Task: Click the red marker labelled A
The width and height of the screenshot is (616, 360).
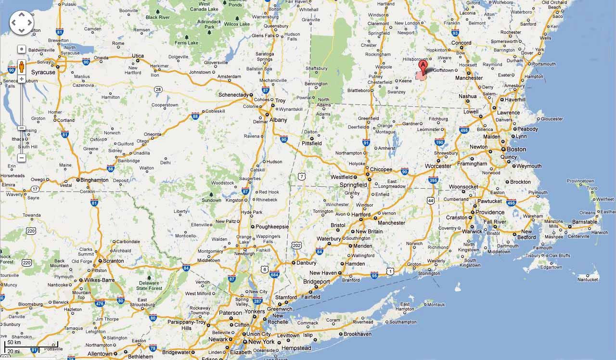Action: pyautogui.click(x=423, y=67)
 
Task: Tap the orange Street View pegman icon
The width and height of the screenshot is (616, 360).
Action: pyautogui.click(x=22, y=66)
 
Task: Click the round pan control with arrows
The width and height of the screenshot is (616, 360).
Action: pyautogui.click(x=22, y=23)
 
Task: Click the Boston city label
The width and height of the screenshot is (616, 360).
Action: pyautogui.click(x=516, y=149)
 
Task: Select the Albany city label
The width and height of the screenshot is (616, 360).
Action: pyautogui.click(x=278, y=120)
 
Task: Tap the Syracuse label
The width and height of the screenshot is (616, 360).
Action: pyautogui.click(x=43, y=72)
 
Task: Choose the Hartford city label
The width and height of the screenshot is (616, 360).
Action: pyautogui.click(x=361, y=215)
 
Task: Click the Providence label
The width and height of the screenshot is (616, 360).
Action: pyautogui.click(x=490, y=212)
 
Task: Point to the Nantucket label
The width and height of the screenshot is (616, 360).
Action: pyautogui.click(x=588, y=280)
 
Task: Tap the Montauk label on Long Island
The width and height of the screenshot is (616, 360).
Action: pyautogui.click(x=436, y=305)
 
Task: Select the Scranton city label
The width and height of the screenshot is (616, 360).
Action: pyautogui.click(x=114, y=261)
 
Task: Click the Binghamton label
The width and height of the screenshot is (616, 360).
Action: pyautogui.click(x=94, y=180)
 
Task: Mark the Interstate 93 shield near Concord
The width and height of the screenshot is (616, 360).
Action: pyautogui.click(x=455, y=33)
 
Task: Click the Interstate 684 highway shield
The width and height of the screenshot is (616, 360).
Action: pyautogui.click(x=275, y=275)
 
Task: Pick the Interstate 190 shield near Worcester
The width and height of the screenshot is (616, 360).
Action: pyautogui.click(x=439, y=142)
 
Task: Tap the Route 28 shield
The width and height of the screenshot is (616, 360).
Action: pyautogui.click(x=158, y=89)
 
